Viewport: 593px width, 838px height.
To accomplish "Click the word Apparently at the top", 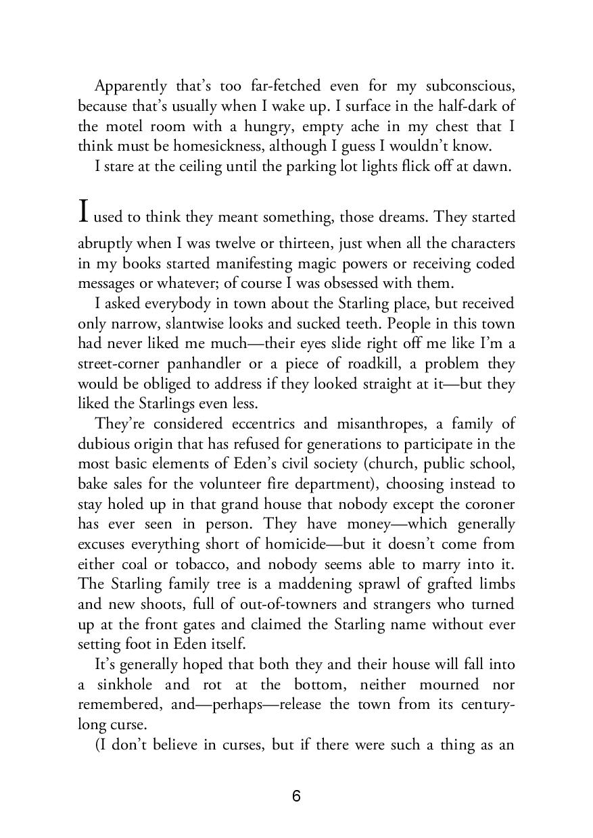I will (x=131, y=86).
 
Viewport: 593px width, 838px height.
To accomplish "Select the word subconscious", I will (x=471, y=86).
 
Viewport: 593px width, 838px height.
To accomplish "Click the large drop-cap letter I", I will (x=83, y=212).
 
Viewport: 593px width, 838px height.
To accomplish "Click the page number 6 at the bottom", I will (x=296, y=796).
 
